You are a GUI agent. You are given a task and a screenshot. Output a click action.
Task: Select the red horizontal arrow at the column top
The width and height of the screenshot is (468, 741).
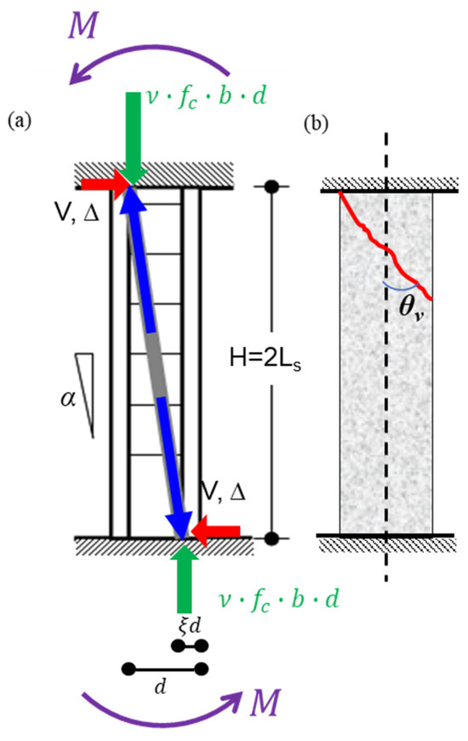(x=101, y=184)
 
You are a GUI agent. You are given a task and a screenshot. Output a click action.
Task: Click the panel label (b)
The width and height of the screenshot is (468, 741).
(x=316, y=123)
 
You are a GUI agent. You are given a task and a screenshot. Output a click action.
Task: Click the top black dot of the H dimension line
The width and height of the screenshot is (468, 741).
(x=272, y=185)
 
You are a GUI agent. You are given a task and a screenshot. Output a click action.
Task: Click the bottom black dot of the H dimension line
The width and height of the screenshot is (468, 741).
(x=272, y=538)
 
